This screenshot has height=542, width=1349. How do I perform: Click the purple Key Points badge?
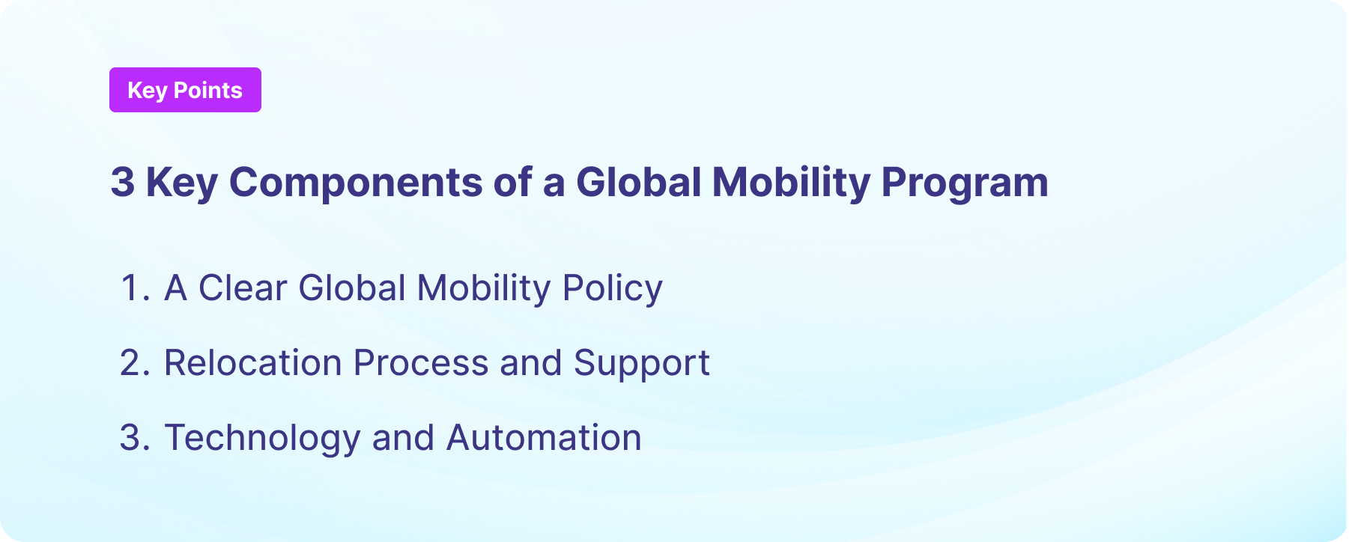click(185, 90)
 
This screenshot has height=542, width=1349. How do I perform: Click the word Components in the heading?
click(356, 182)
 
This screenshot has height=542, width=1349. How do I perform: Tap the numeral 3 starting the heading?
click(122, 182)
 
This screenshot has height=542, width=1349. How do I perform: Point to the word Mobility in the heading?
click(790, 182)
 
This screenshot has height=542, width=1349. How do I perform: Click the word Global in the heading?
click(638, 182)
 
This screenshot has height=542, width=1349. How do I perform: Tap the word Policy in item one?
click(612, 288)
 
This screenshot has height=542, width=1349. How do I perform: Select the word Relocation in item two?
click(252, 363)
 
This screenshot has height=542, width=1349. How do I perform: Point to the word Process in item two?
click(420, 363)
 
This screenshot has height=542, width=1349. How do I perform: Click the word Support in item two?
click(641, 363)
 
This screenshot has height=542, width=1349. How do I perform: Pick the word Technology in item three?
click(261, 438)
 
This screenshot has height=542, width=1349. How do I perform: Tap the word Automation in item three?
click(544, 438)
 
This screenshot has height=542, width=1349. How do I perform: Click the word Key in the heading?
click(181, 182)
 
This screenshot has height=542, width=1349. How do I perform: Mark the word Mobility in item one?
click(483, 288)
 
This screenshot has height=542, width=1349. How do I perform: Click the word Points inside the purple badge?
click(207, 90)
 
